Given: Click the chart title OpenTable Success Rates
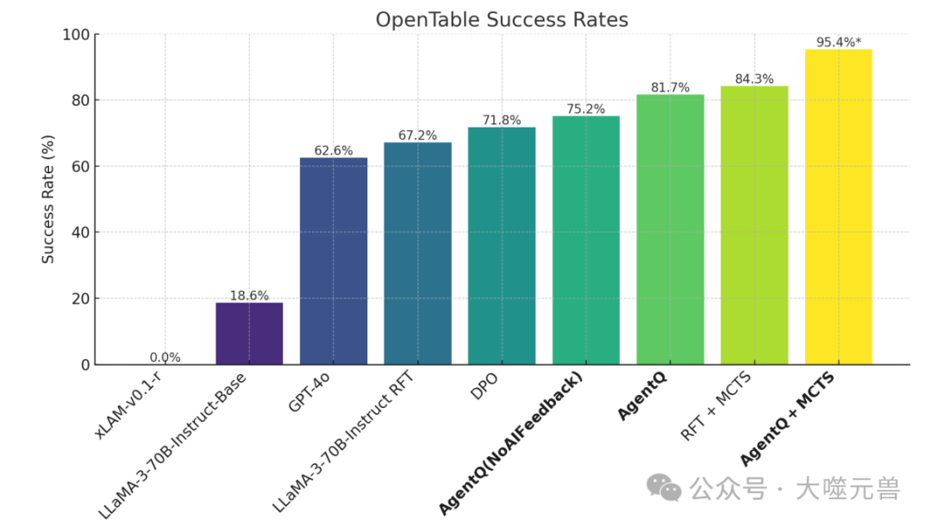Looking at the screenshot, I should (502, 20).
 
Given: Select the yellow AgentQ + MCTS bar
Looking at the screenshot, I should (838, 207).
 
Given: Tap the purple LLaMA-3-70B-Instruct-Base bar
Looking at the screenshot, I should (249, 333).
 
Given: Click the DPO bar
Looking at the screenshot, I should (502, 246).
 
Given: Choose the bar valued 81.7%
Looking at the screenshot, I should (670, 229).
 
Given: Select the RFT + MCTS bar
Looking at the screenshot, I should (754, 225).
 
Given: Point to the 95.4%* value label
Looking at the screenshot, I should (838, 41).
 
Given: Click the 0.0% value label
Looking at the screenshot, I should (165, 357).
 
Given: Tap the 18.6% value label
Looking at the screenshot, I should (249, 295).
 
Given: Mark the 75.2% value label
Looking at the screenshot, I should (585, 109).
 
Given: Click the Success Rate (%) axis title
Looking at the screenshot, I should (48, 199).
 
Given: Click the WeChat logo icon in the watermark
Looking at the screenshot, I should (665, 487).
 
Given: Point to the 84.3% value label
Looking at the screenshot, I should (754, 78).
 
